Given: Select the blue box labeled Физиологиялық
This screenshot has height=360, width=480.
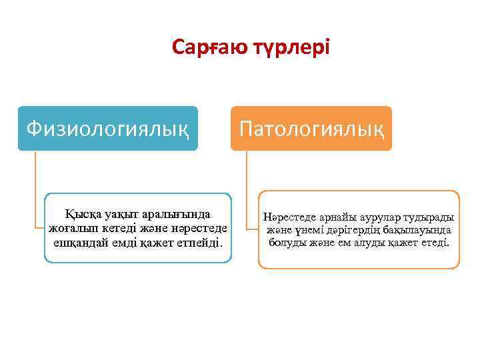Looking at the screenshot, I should pyautogui.click(x=107, y=127).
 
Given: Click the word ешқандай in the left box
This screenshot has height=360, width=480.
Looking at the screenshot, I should pyautogui.click(x=79, y=240).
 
